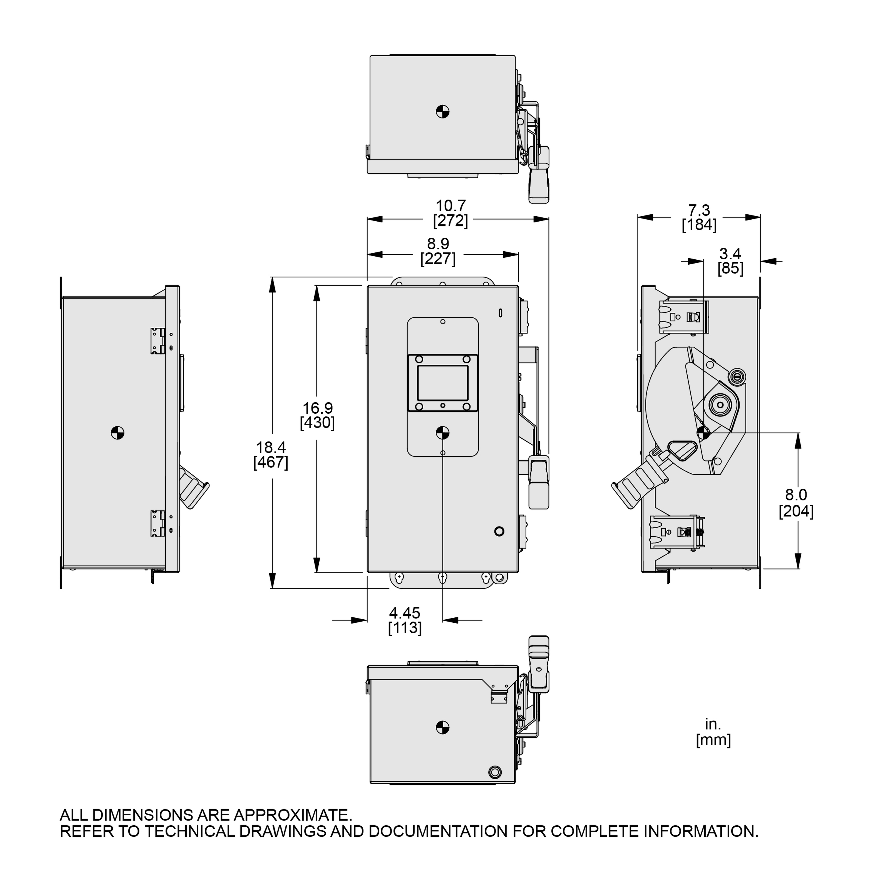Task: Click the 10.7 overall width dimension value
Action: click(451, 206)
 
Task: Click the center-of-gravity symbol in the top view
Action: click(443, 111)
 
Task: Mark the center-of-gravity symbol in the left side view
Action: click(117, 433)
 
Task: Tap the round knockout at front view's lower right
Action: click(499, 531)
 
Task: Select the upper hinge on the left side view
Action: click(158, 341)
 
